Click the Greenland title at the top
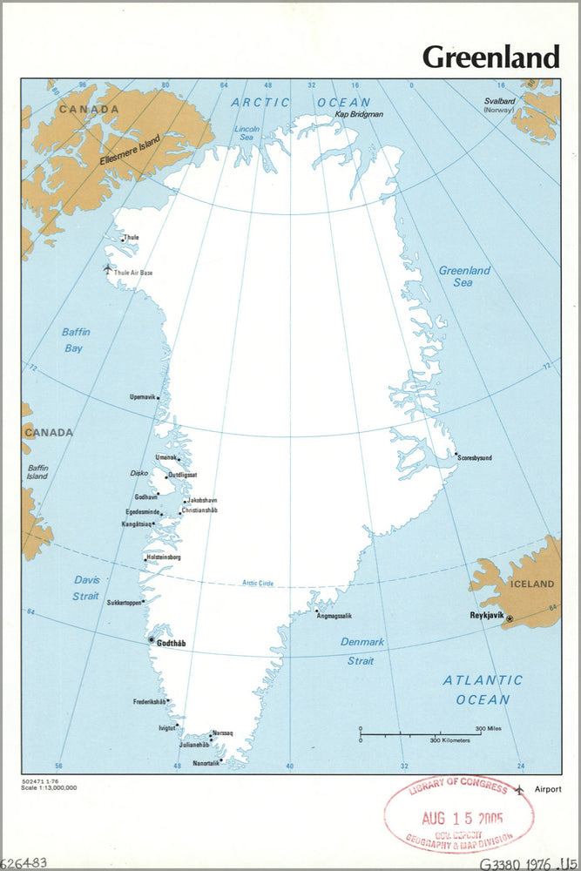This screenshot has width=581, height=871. click(490, 57)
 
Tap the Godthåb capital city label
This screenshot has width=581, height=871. click(171, 643)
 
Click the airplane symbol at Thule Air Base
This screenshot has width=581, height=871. click(107, 268)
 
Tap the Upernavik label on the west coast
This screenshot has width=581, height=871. click(142, 396)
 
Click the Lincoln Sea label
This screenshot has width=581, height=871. click(247, 134)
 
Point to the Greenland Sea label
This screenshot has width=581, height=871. click(463, 276)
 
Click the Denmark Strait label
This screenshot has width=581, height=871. click(361, 651)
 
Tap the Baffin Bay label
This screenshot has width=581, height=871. click(77, 340)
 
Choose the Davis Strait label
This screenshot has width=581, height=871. click(85, 588)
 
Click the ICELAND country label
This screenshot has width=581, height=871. click(530, 584)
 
